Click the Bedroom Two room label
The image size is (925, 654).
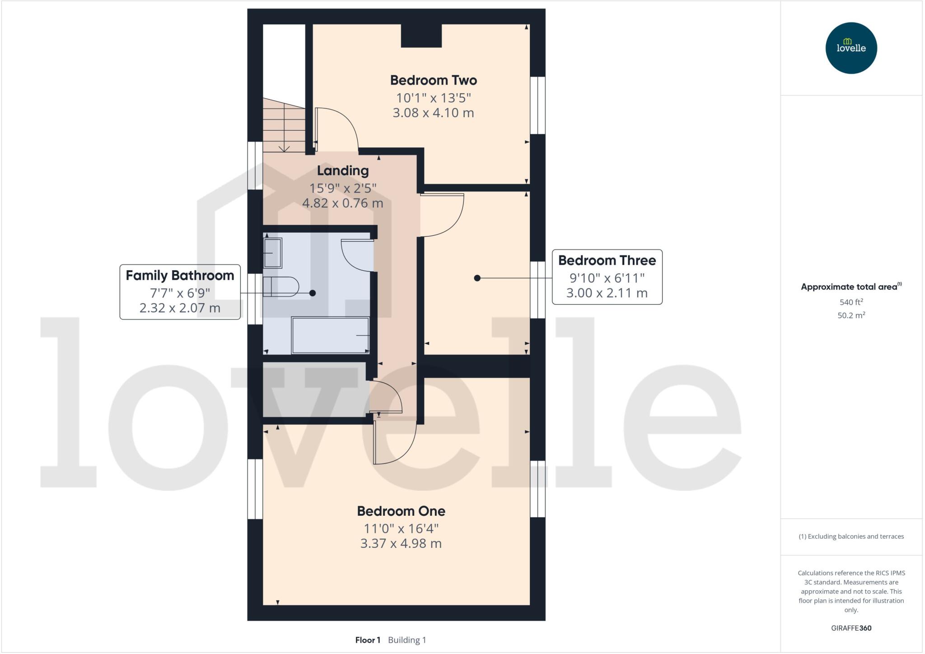[433, 80]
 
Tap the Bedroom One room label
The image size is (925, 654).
[401, 511]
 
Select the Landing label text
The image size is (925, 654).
[342, 171]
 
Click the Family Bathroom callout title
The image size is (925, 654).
[180, 276]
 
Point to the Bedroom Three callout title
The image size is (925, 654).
[607, 260]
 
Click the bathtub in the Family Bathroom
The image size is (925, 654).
[330, 335]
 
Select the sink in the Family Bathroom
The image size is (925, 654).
[272, 253]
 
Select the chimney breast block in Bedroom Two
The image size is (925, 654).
[421, 36]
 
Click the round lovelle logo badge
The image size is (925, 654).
[851, 48]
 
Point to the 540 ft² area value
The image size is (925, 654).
[851, 302]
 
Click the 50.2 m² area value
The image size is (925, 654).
[851, 315]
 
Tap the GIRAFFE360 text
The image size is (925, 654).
[851, 628]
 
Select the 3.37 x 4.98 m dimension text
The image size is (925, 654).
[401, 543]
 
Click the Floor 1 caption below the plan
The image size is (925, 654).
[368, 640]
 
